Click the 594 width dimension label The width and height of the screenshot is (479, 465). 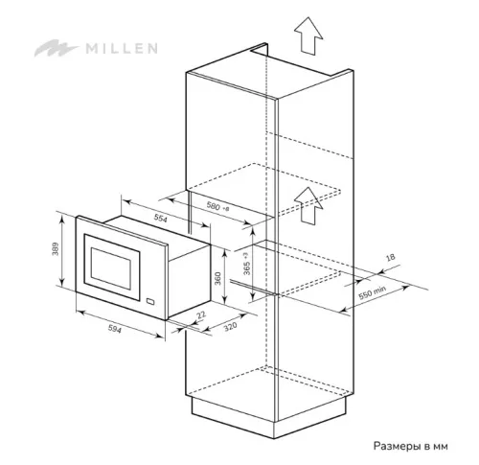click(115, 329)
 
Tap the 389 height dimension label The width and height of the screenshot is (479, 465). click(56, 249)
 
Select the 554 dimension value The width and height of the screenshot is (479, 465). click(161, 218)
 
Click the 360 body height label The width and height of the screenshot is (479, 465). click(217, 278)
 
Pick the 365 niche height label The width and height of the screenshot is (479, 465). click(246, 264)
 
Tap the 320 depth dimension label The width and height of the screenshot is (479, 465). click(230, 327)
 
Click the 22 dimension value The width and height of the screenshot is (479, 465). click(201, 315)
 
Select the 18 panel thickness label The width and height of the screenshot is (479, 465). click(391, 257)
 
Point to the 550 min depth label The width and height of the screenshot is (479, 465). click(372, 292)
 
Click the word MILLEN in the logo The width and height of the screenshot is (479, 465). click(122, 48)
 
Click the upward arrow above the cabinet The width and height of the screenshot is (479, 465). click(308, 35)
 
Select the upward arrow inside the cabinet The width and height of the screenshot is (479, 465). click(308, 205)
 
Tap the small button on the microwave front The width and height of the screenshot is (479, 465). click(150, 301)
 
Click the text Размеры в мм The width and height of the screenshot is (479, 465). click(411, 446)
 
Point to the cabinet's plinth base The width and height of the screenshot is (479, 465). click(270, 418)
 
